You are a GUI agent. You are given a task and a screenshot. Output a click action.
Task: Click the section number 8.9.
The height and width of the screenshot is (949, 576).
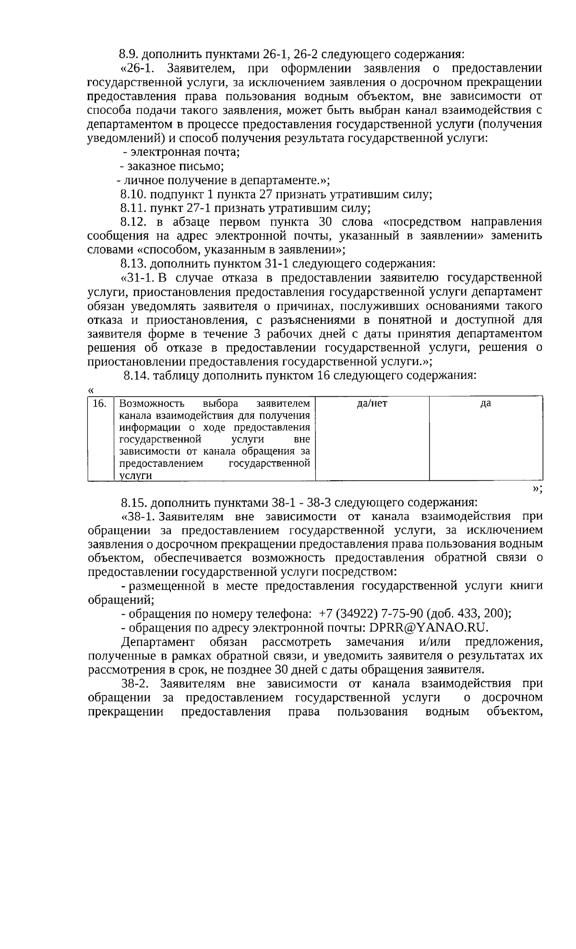129,54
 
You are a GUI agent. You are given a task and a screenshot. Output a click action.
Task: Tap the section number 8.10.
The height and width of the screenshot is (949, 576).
132,195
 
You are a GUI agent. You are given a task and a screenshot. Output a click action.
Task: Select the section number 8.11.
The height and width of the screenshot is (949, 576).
132,208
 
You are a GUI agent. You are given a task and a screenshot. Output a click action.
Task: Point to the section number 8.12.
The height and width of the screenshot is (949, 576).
132,222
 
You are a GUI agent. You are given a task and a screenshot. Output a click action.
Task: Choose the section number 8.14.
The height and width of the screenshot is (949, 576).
135,376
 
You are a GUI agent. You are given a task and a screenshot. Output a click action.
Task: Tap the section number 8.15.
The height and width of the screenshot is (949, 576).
132,503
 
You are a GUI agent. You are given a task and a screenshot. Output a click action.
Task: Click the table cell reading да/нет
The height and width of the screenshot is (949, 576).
372,404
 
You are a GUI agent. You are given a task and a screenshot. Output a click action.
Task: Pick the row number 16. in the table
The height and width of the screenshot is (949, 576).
99,404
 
